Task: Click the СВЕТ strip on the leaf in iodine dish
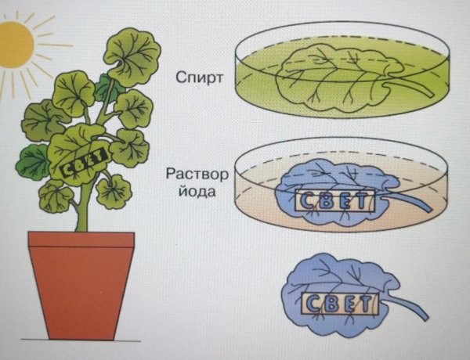(x=331, y=200)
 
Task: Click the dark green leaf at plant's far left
(x=33, y=160)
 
